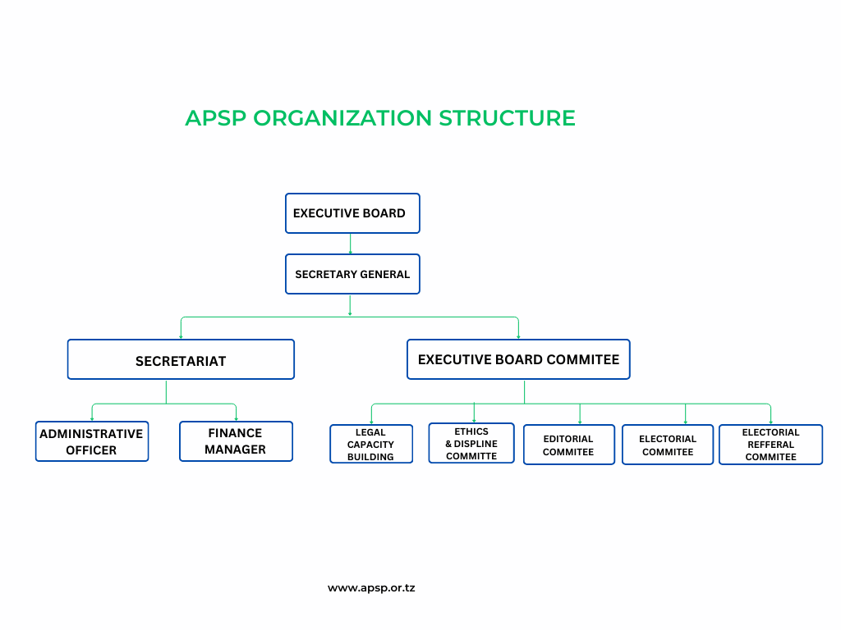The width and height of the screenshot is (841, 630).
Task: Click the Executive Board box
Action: [352, 213]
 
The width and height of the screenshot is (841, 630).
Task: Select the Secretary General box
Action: [352, 274]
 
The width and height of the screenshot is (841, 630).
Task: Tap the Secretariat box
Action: [181, 359]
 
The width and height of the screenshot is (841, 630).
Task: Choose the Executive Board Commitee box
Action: [518, 359]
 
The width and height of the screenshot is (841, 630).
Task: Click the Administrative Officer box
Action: [92, 441]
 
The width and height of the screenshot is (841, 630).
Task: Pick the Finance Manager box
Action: [236, 441]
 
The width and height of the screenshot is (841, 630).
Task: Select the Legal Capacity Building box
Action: [371, 444]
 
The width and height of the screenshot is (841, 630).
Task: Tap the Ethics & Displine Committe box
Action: [471, 443]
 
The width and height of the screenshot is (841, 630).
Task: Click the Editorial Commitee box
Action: [569, 445]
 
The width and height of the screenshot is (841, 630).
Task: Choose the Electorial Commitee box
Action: [668, 445]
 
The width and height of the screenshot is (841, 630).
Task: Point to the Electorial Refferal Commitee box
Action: [770, 445]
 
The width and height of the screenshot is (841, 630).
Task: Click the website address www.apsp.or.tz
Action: [371, 588]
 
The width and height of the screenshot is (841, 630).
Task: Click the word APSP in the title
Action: [216, 118]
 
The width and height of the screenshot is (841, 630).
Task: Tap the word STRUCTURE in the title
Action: [508, 118]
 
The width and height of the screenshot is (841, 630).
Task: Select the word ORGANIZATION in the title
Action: [342, 118]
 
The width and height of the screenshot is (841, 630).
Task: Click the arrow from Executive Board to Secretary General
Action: [350, 244]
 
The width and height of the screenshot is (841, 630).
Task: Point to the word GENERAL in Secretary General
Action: [385, 274]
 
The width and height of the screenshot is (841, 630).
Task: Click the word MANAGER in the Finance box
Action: [235, 450]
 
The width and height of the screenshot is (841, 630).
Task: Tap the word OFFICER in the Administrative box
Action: [91, 450]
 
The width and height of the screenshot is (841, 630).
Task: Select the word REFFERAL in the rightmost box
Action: [770, 445]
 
